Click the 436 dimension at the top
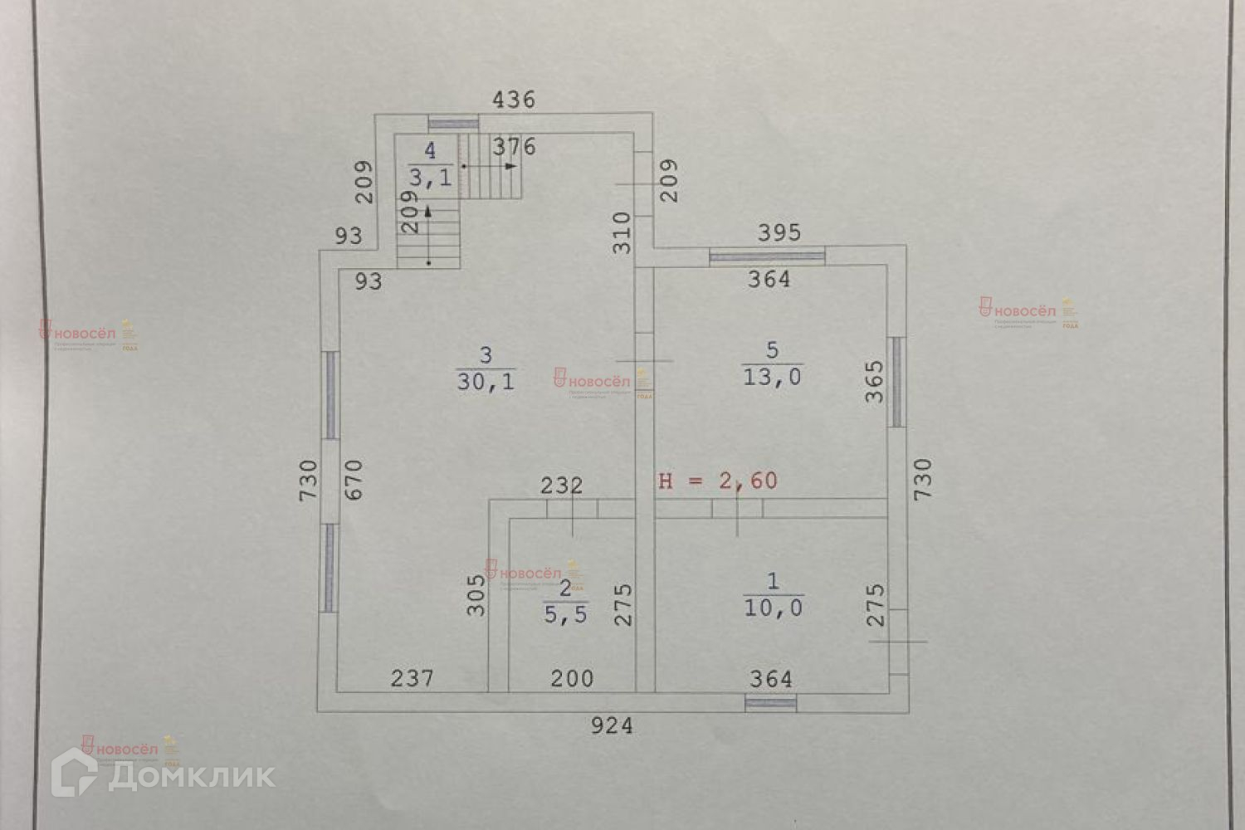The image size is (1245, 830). tap(514, 100)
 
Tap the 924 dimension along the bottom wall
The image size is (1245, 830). tap(612, 726)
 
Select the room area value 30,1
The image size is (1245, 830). tap(486, 382)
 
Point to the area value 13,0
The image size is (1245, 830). tap(772, 377)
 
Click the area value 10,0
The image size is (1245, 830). tap(773, 608)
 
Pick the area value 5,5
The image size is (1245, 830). tap(565, 615)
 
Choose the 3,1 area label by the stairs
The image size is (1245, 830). tap(429, 176)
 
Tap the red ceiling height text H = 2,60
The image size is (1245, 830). tap(718, 481)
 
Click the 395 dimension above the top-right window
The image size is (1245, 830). tap(780, 232)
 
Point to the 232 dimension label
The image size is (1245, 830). tap(562, 486)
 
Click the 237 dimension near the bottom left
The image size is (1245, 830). tap(413, 679)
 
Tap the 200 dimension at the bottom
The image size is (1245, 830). tap(572, 679)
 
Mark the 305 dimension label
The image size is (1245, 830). tap(475, 594)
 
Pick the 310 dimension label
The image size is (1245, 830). tap(622, 232)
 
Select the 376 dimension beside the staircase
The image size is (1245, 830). tap(515, 148)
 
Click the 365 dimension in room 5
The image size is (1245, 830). tap(875, 382)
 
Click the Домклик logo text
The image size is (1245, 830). tap(192, 775)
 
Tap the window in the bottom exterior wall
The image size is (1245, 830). tap(770, 703)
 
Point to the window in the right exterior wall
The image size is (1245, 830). tap(896, 381)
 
